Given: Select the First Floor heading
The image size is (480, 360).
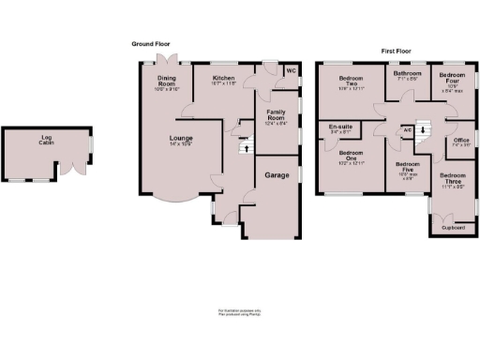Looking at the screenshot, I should [398, 50].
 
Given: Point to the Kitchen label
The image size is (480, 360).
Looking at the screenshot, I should [223, 79].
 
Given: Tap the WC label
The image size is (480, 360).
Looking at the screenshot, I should [290, 70].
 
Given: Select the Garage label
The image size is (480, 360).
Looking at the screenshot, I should [277, 175].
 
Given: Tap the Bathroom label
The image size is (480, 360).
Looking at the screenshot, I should [408, 74].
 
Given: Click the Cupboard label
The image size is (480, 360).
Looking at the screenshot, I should [454, 226].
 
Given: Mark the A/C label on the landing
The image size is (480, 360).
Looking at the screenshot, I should [408, 129].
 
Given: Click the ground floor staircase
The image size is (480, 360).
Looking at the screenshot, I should [244, 145].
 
